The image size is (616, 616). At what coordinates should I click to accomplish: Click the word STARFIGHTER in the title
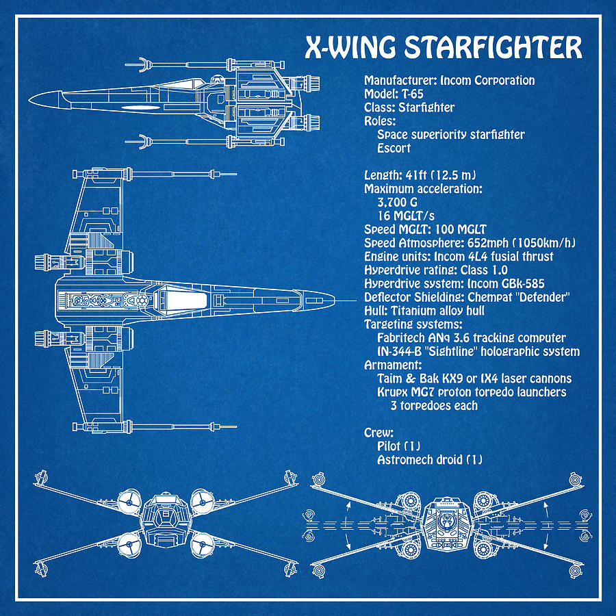click(493, 49)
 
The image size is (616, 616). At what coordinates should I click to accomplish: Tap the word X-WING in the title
click(350, 49)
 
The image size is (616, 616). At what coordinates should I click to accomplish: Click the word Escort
click(394, 148)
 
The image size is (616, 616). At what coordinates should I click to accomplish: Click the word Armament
click(391, 365)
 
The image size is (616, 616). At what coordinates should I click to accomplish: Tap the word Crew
click(378, 433)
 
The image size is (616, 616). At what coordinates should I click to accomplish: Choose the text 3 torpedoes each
click(434, 405)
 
